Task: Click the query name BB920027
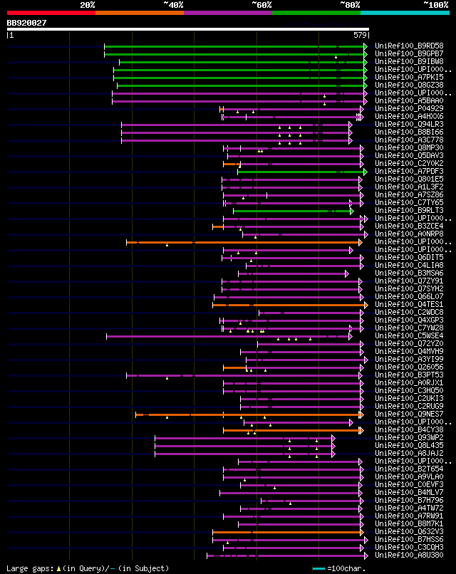pyautogui.click(x=27, y=24)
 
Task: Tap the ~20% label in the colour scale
pyautogui.click(x=88, y=5)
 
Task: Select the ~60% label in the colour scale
pyautogui.click(x=261, y=5)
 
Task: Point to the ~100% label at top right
pyautogui.click(x=435, y=5)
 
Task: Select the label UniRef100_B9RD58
pyautogui.click(x=409, y=46)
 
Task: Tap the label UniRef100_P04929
pyautogui.click(x=409, y=108)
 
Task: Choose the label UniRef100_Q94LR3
pyautogui.click(x=409, y=124)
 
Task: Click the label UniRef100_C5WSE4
pyautogui.click(x=409, y=335)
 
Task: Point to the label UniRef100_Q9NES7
pyautogui.click(x=409, y=414)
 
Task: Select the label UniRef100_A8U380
pyautogui.click(x=409, y=555)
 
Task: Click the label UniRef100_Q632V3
pyautogui.click(x=409, y=531)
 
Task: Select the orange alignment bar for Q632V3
pyautogui.click(x=285, y=531)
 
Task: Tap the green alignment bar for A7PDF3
pyautogui.click(x=299, y=171)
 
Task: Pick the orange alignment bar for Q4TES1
pyautogui.click(x=285, y=304)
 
